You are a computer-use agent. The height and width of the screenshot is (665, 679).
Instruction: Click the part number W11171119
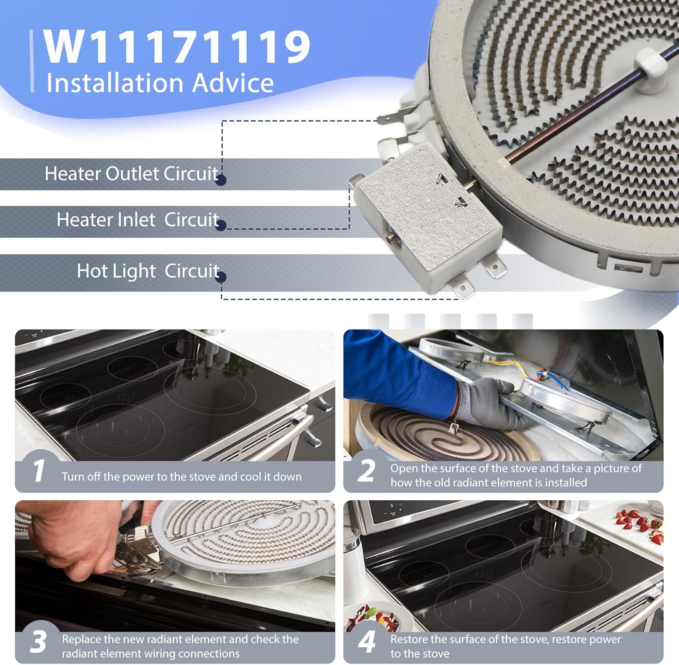pyautogui.click(x=177, y=47)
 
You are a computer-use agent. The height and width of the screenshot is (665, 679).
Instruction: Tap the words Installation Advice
pyautogui.click(x=160, y=83)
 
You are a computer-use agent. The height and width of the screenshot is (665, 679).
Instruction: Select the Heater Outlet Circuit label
pyautogui.click(x=131, y=174)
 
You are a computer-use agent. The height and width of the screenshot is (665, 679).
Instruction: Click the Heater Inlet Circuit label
pyautogui.click(x=138, y=220)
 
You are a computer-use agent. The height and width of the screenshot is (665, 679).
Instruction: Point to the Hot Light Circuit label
pyautogui.click(x=148, y=271)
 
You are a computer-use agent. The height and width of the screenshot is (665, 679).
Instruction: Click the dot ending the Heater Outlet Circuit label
pyautogui.click(x=221, y=180)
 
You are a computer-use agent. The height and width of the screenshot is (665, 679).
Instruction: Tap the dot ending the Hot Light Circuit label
pyautogui.click(x=221, y=277)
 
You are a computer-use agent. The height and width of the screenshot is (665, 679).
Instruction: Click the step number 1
pyautogui.click(x=39, y=471)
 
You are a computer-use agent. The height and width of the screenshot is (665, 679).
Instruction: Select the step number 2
pyautogui.click(x=366, y=471)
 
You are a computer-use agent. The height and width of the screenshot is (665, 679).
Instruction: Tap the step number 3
pyautogui.click(x=38, y=642)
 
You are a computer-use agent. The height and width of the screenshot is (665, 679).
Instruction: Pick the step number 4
pyautogui.click(x=367, y=642)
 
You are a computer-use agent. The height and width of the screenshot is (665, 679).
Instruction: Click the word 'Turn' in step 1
pyautogui.click(x=73, y=477)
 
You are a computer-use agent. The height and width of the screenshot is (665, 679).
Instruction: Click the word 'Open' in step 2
pyautogui.click(x=403, y=469)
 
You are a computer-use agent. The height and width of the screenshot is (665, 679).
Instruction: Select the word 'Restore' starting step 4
pyautogui.click(x=409, y=639)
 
